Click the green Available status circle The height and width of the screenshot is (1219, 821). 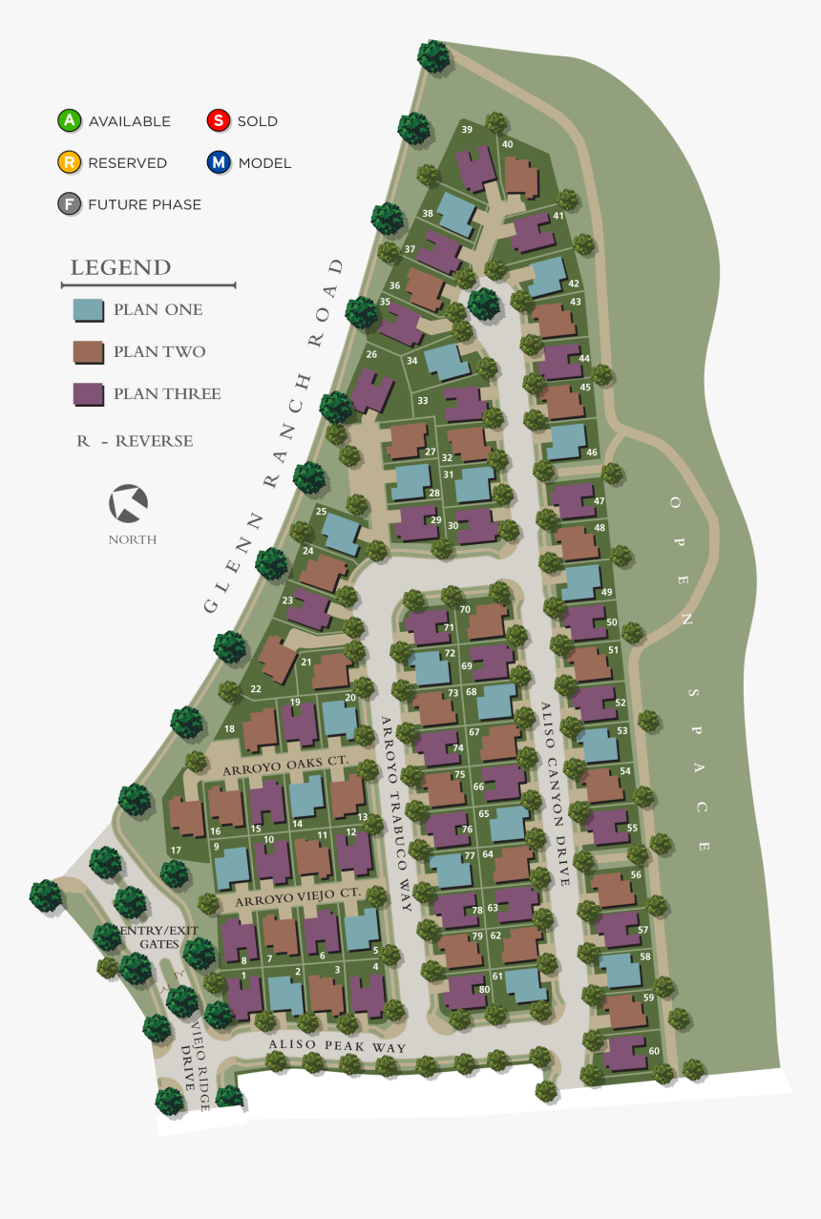pos(70,121)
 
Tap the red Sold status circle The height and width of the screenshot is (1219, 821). pos(219,121)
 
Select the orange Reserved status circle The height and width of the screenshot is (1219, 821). pos(70,162)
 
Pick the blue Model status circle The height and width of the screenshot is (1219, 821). pos(219,162)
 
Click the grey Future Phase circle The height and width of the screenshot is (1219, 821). pos(70,204)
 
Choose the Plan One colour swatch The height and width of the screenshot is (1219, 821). pos(88,309)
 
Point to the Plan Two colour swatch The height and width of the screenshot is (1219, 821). pos(88,351)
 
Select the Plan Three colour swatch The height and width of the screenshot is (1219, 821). pos(88,393)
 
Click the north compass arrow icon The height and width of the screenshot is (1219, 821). pos(128,504)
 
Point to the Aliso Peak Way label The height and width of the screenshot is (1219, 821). pos(337,1048)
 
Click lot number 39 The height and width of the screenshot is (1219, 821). pos(467,130)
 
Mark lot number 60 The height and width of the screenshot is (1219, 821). pos(654,1051)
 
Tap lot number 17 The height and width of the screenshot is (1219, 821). pos(176,850)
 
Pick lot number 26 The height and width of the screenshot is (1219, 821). pos(371,355)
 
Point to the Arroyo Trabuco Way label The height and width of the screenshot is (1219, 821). pos(395,813)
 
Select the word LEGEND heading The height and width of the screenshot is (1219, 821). pos(120,267)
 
